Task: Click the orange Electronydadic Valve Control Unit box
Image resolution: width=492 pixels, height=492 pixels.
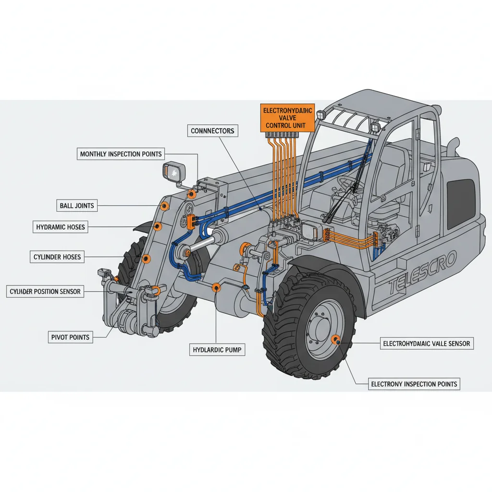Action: click(x=287, y=118)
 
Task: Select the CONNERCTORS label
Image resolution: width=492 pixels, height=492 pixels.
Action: click(x=212, y=131)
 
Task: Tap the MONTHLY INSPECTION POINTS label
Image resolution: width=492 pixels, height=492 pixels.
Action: click(x=121, y=154)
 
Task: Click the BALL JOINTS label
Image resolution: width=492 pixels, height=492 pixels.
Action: click(x=77, y=206)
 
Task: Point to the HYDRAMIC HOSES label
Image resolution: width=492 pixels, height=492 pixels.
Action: click(x=61, y=227)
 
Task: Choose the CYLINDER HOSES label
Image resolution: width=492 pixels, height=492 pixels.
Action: click(x=57, y=257)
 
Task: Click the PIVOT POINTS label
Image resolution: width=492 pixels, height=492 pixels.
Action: click(x=70, y=337)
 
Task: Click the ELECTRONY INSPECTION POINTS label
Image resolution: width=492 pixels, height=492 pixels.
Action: click(x=414, y=384)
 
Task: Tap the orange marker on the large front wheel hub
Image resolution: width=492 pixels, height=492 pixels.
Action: click(x=336, y=340)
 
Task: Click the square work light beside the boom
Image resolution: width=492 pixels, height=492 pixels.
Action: click(x=174, y=172)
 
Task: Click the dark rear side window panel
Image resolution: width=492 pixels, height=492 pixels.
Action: click(x=460, y=204)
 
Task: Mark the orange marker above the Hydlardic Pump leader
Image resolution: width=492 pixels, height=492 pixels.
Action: click(x=217, y=288)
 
